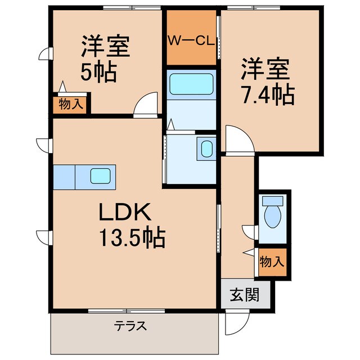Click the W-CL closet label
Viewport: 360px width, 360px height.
click(191, 41)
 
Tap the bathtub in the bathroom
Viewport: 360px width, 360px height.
click(191, 84)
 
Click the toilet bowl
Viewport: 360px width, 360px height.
click(273, 217)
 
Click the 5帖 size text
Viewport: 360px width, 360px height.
click(97, 73)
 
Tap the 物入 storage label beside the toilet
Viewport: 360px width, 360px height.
click(273, 262)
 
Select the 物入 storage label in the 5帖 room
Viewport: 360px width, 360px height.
click(71, 105)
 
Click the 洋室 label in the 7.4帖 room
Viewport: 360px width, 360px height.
click(265, 71)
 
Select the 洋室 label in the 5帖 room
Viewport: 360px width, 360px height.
click(106, 46)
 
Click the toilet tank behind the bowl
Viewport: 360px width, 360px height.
click(273, 200)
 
